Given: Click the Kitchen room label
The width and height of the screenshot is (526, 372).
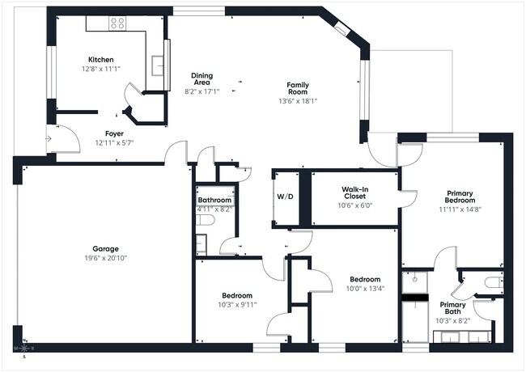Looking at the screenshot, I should [101, 59].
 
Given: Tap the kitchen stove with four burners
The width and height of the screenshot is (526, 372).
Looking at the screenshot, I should [118, 23].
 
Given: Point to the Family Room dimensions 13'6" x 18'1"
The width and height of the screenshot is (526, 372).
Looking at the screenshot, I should [298, 101].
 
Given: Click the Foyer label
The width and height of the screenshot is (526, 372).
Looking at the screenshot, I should [114, 133].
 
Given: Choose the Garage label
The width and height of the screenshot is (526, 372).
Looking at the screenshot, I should [105, 248].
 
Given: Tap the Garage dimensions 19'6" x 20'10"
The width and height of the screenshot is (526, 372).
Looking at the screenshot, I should [105, 258].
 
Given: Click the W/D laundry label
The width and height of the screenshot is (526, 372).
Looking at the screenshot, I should [286, 197].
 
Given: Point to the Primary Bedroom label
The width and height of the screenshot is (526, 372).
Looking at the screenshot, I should [460, 198].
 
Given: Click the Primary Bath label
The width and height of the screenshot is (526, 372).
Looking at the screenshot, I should [452, 310].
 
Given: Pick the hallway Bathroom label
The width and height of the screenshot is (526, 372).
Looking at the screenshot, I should [215, 200].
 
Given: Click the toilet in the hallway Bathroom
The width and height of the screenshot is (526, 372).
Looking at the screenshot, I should [204, 219].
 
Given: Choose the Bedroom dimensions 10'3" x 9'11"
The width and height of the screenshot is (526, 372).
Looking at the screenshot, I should [237, 305].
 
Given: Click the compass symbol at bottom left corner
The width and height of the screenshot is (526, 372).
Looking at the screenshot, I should [23, 349].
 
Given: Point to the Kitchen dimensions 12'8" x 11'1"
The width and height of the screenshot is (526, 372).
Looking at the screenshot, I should [101, 69].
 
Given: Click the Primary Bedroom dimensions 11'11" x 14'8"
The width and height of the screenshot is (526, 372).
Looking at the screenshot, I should [460, 209].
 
